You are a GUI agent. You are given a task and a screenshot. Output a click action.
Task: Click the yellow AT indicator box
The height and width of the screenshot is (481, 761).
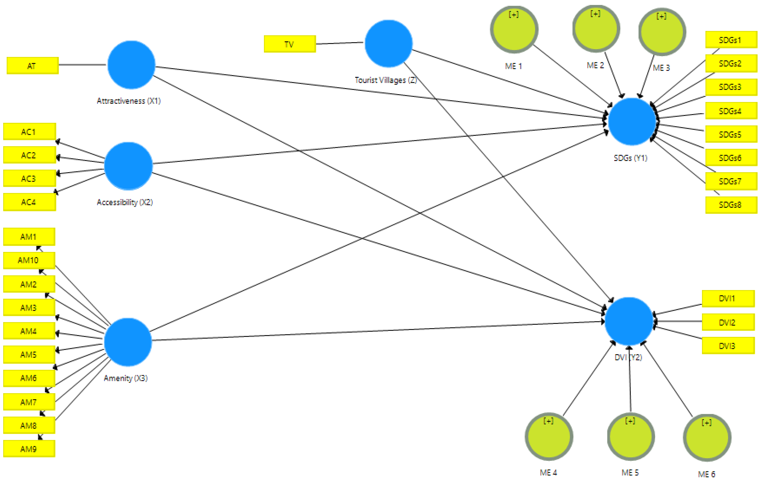pyautogui.click(x=33, y=66)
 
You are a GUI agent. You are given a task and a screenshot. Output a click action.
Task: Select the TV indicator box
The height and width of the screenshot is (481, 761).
pyautogui.click(x=290, y=44)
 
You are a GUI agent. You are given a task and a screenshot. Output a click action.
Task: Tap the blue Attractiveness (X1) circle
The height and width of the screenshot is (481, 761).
pyautogui.click(x=131, y=65)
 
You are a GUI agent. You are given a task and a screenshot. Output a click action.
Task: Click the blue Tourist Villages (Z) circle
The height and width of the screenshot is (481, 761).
pyautogui.click(x=388, y=44)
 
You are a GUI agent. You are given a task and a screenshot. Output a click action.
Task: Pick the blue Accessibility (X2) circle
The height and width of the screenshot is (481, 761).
pyautogui.click(x=128, y=166)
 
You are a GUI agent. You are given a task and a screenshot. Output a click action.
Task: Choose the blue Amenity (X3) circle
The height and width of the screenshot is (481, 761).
pyautogui.click(x=128, y=342)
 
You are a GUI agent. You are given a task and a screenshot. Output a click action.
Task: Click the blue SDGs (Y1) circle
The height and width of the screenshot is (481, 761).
pyautogui.click(x=632, y=121)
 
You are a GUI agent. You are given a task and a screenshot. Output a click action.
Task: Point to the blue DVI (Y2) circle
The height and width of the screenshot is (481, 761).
pyautogui.click(x=629, y=321)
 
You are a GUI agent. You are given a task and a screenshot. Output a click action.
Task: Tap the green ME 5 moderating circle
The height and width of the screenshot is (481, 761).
pyautogui.click(x=631, y=437)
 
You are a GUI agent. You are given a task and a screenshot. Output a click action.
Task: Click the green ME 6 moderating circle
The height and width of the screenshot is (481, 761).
pyautogui.click(x=707, y=438)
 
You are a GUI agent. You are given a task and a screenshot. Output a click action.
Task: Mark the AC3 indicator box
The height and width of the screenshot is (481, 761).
pyautogui.click(x=29, y=178)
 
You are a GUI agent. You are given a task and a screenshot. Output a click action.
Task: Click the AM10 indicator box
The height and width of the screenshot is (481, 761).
pyautogui.click(x=29, y=260)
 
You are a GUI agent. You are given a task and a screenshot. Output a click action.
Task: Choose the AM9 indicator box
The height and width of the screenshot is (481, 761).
pyautogui.click(x=29, y=449)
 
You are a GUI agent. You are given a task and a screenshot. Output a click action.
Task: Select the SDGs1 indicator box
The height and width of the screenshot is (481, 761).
pyautogui.click(x=731, y=40)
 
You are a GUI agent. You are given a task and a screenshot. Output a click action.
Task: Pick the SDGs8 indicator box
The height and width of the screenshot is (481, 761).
pyautogui.click(x=731, y=205)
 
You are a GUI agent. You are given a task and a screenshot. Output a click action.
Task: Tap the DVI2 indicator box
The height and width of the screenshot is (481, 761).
pyautogui.click(x=728, y=322)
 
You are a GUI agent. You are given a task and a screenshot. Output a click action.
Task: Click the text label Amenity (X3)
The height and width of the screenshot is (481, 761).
pyautogui.click(x=126, y=378)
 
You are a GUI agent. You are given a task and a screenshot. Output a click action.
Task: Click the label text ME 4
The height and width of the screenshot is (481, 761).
pyautogui.click(x=548, y=472)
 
